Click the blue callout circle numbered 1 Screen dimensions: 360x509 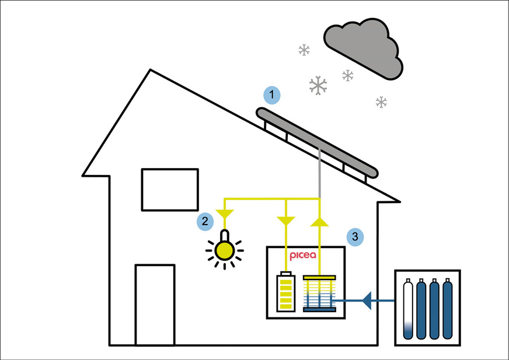click(x=271, y=95)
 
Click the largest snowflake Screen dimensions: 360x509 click(x=318, y=86)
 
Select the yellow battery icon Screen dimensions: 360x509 click(x=285, y=292)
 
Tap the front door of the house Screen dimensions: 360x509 click(x=155, y=305)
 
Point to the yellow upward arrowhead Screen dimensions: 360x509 click(x=319, y=222)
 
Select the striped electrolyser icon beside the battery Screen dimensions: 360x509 click(x=319, y=293)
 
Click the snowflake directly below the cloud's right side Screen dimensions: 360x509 click(x=381, y=103)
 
